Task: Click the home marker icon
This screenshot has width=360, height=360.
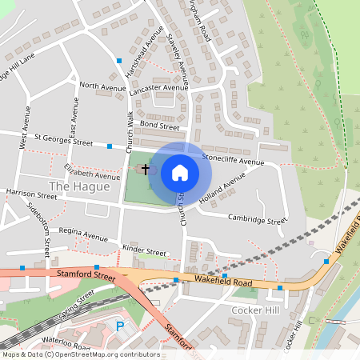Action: pyautogui.click(x=180, y=172)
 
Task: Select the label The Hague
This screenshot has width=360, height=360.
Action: pyautogui.click(x=79, y=186)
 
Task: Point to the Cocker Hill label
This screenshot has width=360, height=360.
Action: pyautogui.click(x=253, y=310)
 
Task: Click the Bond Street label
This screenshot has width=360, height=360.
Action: pyautogui.click(x=158, y=125)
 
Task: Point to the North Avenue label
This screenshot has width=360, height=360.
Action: pyautogui.click(x=103, y=86)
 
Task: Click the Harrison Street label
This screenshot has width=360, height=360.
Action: pyautogui.click(x=33, y=193)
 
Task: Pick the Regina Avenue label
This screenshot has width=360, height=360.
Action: pyautogui.click(x=78, y=237)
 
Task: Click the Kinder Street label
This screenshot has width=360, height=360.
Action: pyautogui.click(x=144, y=251)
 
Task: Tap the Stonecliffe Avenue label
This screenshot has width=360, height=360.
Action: pyautogui.click(x=233, y=160)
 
